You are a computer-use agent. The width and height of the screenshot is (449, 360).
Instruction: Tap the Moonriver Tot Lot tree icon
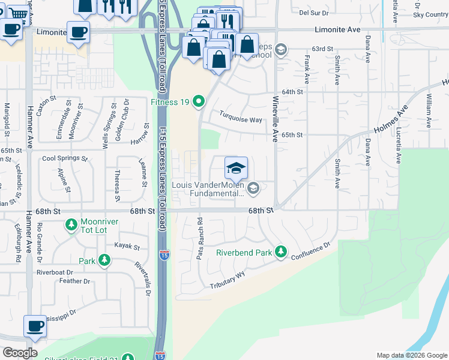pyautogui.click(x=71, y=224)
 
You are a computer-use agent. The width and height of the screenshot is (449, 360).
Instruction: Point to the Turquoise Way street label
pyautogui.click(x=240, y=119)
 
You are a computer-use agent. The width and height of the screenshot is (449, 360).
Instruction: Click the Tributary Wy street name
pyautogui.click(x=228, y=281)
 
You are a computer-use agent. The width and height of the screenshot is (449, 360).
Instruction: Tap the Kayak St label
pyautogui.click(x=127, y=247)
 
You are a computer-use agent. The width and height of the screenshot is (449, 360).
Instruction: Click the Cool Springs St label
pyautogui.click(x=64, y=159)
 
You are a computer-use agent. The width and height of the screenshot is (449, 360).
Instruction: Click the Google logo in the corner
pyautogui.click(x=20, y=353)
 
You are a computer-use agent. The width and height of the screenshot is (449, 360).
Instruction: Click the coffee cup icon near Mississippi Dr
pyautogui.click(x=35, y=326)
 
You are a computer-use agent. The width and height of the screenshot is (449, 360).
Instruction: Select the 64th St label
pyautogui.click(x=292, y=92)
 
